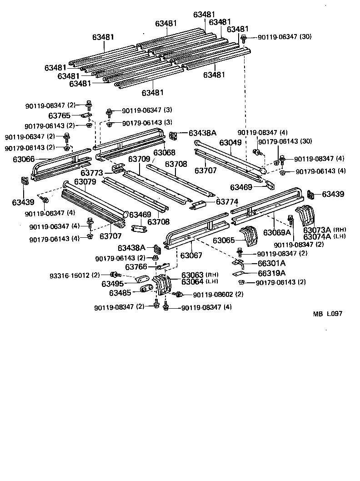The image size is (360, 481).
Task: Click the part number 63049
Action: pyautogui.click(x=230, y=143)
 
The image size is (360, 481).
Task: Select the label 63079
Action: pyautogui.click(x=85, y=182)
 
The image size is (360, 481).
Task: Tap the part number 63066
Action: pyautogui.click(x=23, y=159)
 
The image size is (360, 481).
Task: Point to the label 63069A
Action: pyautogui.click(x=277, y=232)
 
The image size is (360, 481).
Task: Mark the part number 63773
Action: pyautogui.click(x=92, y=173)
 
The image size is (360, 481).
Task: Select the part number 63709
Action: pyautogui.click(x=139, y=159)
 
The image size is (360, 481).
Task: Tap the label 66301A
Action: pyautogui.click(x=271, y=263)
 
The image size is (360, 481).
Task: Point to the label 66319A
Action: pyautogui.click(x=271, y=273)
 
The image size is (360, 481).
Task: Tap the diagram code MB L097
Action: pyautogui.click(x=327, y=314)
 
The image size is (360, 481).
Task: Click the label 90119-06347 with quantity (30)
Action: pyautogui.click(x=284, y=37)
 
